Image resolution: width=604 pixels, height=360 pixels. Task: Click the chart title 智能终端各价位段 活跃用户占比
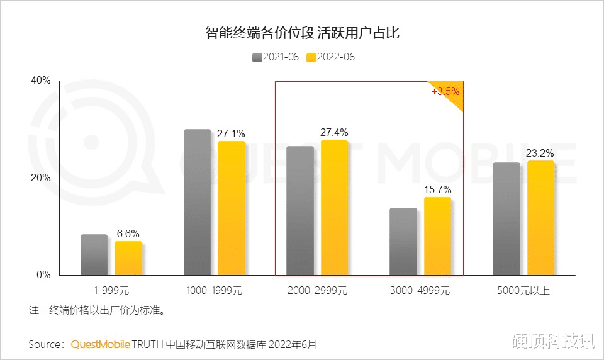pyautogui.click(x=302, y=33)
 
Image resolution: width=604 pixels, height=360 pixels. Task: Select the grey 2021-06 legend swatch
pyautogui.click(x=257, y=57)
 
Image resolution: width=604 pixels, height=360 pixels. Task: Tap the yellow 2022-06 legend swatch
pyautogui.click(x=311, y=57)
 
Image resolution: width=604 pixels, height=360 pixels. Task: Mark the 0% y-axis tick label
pyautogui.click(x=43, y=275)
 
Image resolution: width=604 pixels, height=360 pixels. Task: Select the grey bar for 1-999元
pyautogui.click(x=94, y=255)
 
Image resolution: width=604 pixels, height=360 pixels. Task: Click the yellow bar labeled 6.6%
pyautogui.click(x=128, y=258)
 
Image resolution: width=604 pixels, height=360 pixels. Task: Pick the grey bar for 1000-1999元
pyautogui.click(x=198, y=202)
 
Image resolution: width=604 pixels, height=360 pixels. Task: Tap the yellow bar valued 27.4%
pyautogui.click(x=335, y=208)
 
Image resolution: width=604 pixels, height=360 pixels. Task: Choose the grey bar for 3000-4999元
pyautogui.click(x=403, y=242)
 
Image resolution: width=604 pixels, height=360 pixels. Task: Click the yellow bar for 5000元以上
pyautogui.click(x=540, y=218)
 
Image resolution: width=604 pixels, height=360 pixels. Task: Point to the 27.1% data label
pyautogui.click(x=231, y=133)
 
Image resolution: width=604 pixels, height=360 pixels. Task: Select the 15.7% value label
pyautogui.click(x=438, y=189)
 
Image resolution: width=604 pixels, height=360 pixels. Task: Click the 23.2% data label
pyautogui.click(x=541, y=153)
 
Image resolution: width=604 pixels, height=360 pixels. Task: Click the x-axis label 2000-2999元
pyautogui.click(x=317, y=291)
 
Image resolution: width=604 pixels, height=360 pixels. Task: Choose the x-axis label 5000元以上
pyautogui.click(x=523, y=291)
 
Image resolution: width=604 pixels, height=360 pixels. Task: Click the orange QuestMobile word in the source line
pyautogui.click(x=101, y=344)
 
